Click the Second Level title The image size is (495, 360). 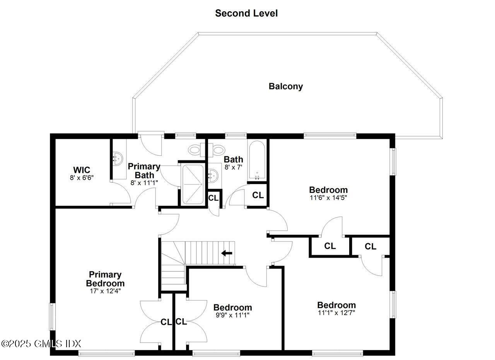coord(246,13)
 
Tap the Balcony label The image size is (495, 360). coord(286,86)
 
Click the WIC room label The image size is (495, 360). coord(82,170)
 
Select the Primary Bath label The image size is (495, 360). coord(144,171)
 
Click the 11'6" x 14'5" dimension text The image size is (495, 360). coord(328,198)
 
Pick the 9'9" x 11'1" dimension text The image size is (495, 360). coord(232,315)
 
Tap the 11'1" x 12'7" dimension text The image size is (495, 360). coord(336,312)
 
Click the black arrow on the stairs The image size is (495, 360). coord(227,253)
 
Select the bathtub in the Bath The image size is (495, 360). coord(257,160)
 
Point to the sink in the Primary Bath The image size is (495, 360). coord(118,158)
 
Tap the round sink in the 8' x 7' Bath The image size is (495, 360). coord(213,176)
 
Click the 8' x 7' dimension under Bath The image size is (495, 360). coord(233,167)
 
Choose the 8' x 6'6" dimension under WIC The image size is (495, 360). coord(82,177)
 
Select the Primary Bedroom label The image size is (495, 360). coord(105,279)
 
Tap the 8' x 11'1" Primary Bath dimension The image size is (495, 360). coord(144,183)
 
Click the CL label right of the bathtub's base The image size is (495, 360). coord(258,195)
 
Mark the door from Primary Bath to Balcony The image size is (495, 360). coord(151,143)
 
